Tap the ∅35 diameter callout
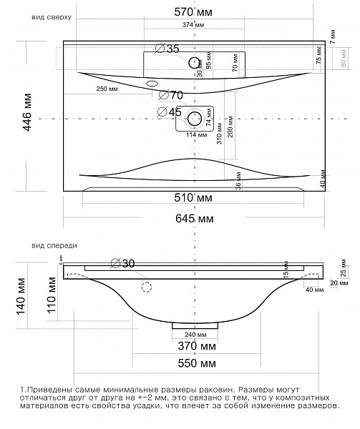point(168,49)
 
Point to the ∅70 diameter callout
point(171,94)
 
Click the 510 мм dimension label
point(195,197)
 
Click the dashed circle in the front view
point(147,288)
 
